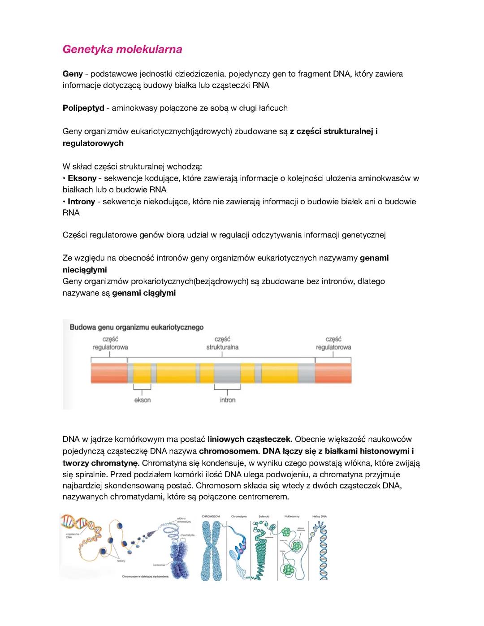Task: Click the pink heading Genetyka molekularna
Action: [122, 49]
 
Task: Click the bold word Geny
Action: [72, 73]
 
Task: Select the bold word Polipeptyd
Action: [83, 108]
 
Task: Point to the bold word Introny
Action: [81, 202]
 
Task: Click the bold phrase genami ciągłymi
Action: [144, 293]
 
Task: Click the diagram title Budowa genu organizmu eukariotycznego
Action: [136, 327]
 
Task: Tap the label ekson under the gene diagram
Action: [143, 400]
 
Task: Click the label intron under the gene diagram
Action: [228, 400]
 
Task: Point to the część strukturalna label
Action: [222, 343]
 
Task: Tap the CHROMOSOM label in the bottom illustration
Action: [211, 516]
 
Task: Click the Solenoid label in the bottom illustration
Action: [264, 516]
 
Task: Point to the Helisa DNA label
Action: [320, 516]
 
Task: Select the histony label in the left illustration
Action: [121, 561]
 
